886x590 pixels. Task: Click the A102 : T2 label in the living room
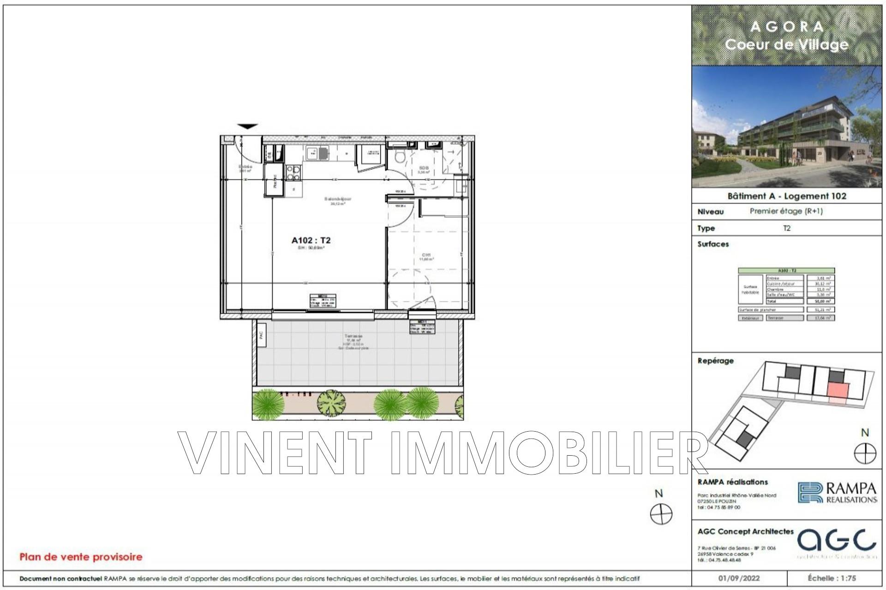pyautogui.click(x=311, y=240)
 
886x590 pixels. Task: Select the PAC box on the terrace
pyautogui.click(x=261, y=340)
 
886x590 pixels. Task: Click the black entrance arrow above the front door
pyautogui.click(x=248, y=126)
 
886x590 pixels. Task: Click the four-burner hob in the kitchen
pyautogui.click(x=292, y=173)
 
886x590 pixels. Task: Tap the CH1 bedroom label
pyautogui.click(x=426, y=255)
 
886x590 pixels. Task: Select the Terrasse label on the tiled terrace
pyautogui.click(x=353, y=336)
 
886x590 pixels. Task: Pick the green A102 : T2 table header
pyautogui.click(x=786, y=271)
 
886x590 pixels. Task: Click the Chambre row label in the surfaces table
pyautogui.click(x=775, y=289)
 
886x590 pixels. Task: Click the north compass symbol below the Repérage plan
pyautogui.click(x=865, y=453)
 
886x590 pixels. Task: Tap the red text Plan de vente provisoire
pyautogui.click(x=81, y=557)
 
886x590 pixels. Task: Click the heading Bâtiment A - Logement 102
pyautogui.click(x=787, y=196)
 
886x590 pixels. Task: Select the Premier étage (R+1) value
pyautogui.click(x=786, y=211)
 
